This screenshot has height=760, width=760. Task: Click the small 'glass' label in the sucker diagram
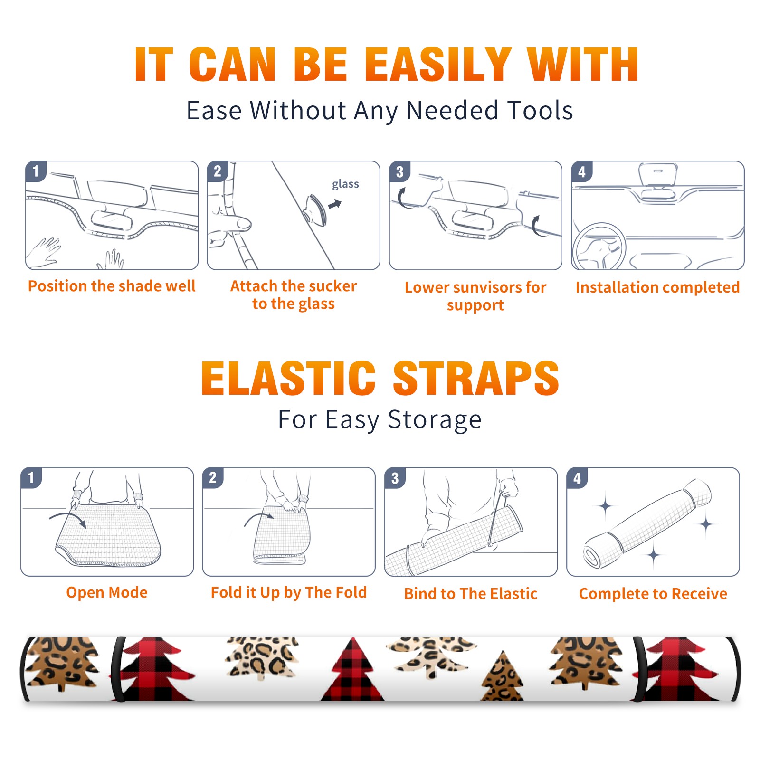[x=345, y=184]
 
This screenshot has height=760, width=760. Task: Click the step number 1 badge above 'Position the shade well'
[x=36, y=171]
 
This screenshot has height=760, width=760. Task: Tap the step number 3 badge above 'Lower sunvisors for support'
[x=399, y=171]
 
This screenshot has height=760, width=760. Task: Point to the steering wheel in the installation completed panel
[x=599, y=247]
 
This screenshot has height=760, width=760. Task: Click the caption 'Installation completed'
[x=657, y=287]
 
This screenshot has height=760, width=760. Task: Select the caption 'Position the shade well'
[x=112, y=286]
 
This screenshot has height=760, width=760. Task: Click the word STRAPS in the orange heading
[x=476, y=378]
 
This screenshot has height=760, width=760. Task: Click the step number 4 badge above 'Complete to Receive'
[x=577, y=477]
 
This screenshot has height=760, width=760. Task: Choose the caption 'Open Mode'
[x=107, y=592]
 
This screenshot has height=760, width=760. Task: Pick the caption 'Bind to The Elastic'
[x=471, y=594]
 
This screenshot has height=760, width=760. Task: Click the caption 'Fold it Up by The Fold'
[x=289, y=592]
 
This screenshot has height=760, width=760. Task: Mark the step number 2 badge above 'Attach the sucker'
[x=218, y=171]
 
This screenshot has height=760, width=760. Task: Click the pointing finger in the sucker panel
[x=231, y=223]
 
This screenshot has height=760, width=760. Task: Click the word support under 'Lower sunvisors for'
[x=475, y=305]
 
